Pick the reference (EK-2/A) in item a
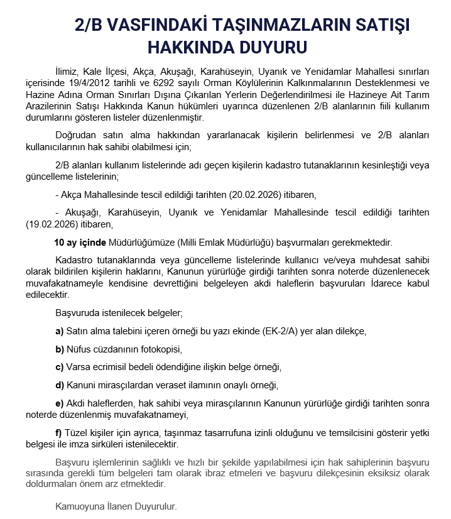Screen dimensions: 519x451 282,331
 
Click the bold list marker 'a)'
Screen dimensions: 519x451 60,331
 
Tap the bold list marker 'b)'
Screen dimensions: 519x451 60,349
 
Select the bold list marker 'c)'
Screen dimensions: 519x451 60,367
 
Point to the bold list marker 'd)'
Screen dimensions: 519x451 60,385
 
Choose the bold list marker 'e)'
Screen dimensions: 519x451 60,403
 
